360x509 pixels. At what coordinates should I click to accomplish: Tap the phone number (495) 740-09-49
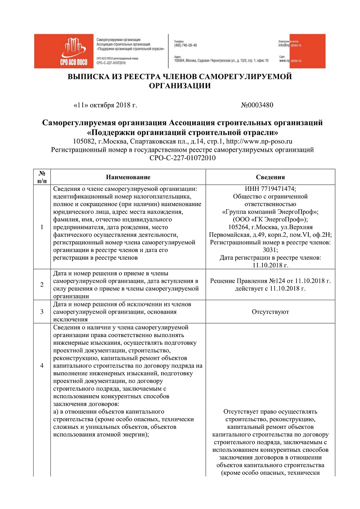[185, 45]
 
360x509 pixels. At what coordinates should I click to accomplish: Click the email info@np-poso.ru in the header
[290, 45]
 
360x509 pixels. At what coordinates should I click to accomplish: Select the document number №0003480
[257, 105]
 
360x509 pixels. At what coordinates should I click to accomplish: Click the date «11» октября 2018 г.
[104, 105]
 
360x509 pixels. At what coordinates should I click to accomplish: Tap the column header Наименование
[128, 177]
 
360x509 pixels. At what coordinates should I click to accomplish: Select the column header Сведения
[270, 177]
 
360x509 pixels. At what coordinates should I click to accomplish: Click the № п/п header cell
[42, 177]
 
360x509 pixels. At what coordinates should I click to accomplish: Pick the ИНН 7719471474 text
[270, 189]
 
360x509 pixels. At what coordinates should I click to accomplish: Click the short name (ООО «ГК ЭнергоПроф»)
[270, 219]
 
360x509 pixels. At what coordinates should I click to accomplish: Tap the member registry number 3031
[270, 250]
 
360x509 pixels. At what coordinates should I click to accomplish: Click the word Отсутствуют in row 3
[270, 311]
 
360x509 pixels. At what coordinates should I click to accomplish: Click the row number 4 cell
[42, 365]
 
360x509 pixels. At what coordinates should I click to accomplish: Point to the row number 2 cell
[42, 284]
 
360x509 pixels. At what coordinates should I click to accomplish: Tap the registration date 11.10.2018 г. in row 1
[270, 265]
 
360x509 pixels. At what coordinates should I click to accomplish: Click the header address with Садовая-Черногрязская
[223, 60]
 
